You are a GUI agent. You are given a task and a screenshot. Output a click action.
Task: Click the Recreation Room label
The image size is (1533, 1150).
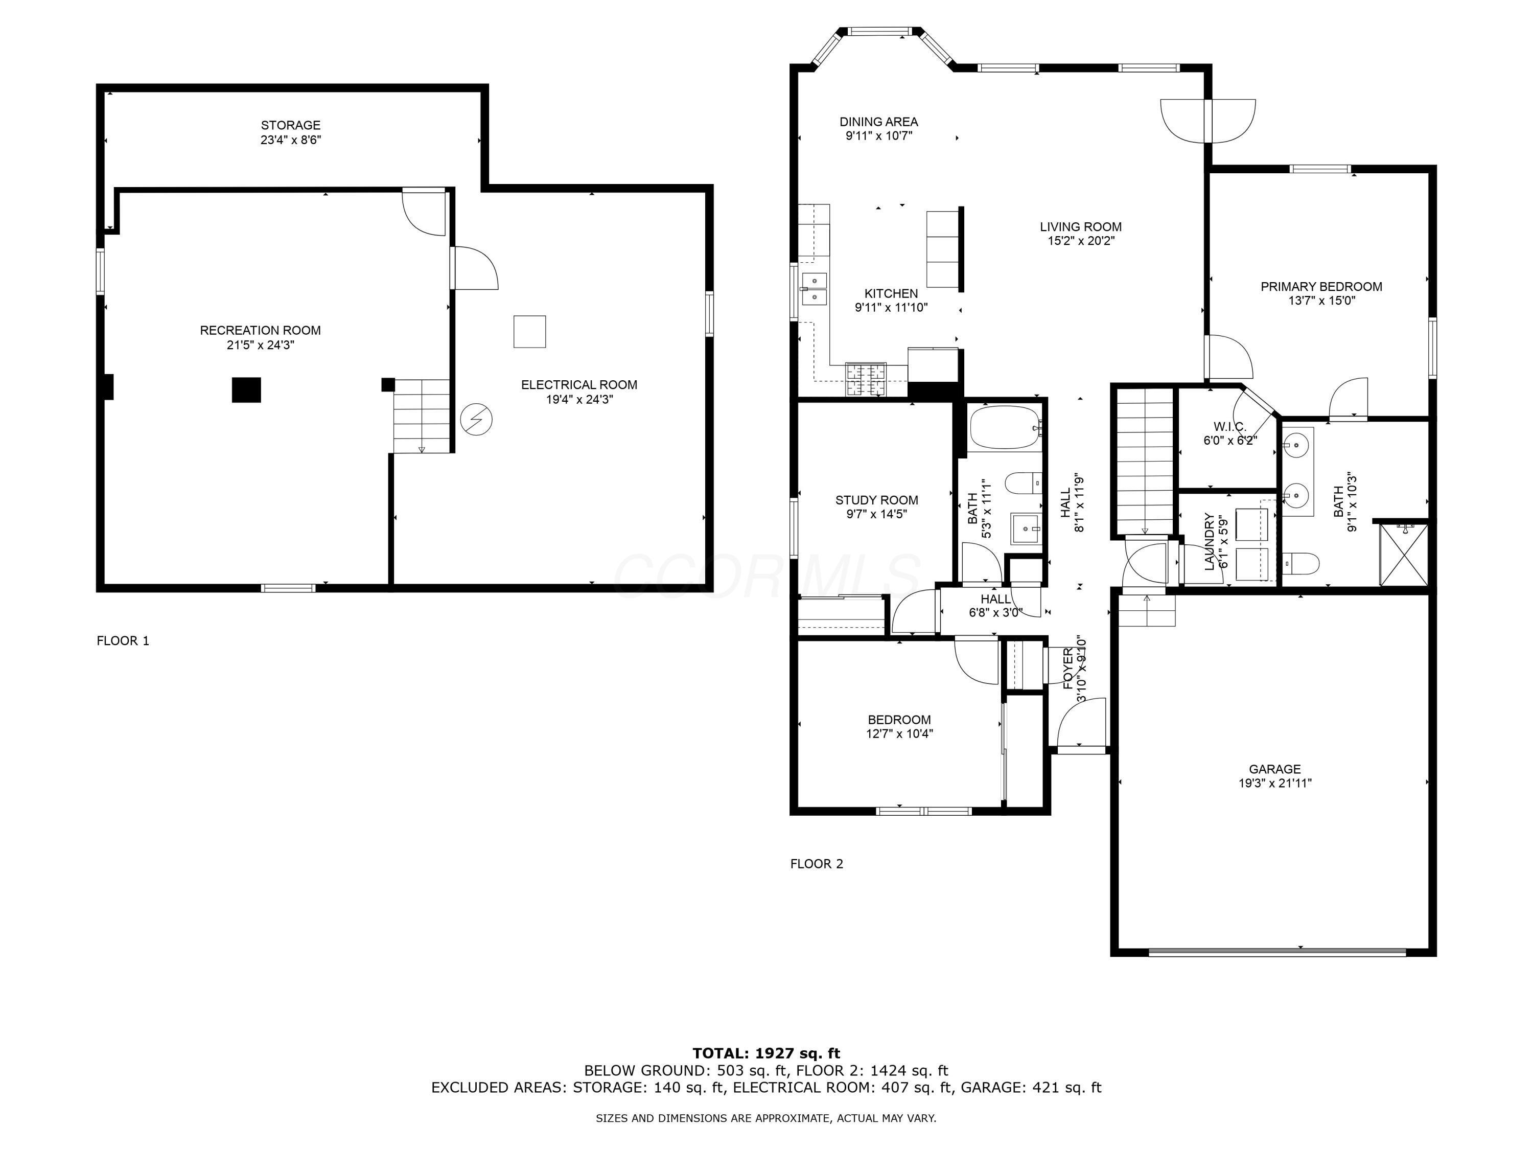(x=260, y=331)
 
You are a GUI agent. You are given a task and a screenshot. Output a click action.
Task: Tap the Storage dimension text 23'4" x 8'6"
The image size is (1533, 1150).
(x=290, y=140)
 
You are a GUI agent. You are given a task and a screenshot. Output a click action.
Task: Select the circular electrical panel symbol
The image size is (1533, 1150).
(x=477, y=420)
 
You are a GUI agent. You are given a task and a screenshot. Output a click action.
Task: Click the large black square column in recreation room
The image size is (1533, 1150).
(x=246, y=389)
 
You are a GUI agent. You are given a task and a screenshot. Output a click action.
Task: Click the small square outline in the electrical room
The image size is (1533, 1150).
(x=529, y=331)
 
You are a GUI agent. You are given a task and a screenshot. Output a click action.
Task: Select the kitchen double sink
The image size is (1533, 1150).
(x=815, y=288)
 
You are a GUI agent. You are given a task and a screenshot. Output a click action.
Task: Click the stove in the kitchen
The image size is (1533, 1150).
(x=866, y=380)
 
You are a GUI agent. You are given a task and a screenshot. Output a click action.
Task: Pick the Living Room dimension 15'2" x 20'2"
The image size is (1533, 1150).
(x=1080, y=241)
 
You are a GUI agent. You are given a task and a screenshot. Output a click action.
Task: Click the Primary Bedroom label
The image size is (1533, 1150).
(x=1321, y=286)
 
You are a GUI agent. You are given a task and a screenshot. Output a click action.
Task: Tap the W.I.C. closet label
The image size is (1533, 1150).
(x=1229, y=426)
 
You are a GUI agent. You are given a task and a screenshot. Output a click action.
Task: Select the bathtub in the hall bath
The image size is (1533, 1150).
(x=1004, y=428)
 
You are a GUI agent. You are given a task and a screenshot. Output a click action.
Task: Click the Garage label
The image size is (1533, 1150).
(x=1274, y=769)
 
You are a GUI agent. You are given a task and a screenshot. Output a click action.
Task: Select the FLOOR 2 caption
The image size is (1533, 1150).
(x=817, y=864)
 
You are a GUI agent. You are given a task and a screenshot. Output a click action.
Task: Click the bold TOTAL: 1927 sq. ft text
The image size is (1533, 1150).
(x=766, y=1053)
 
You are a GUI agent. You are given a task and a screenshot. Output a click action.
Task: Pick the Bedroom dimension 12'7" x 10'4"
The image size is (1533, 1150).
(x=899, y=734)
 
